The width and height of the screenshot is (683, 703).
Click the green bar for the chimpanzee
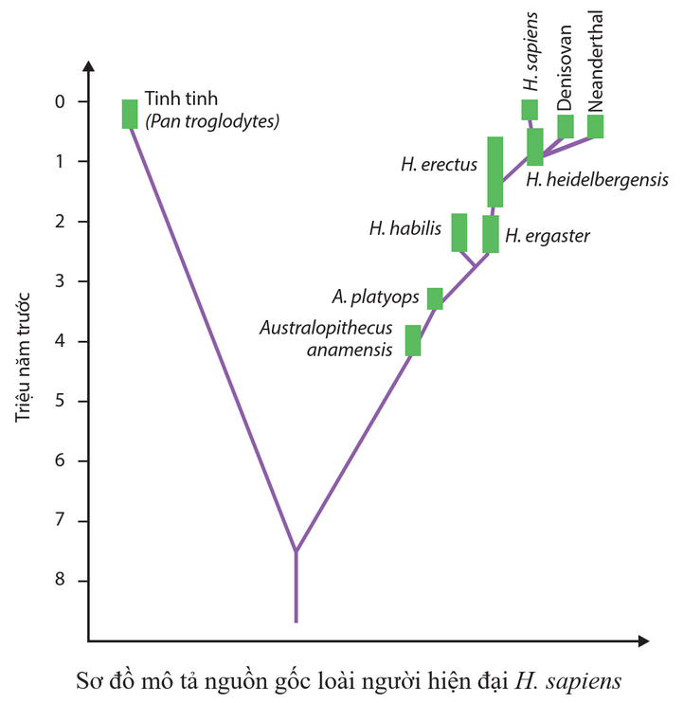pyautogui.click(x=130, y=114)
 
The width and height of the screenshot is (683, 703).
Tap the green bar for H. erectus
pyautogui.click(x=494, y=171)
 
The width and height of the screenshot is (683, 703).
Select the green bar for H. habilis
pyautogui.click(x=459, y=232)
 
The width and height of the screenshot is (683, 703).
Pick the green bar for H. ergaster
pyautogui.click(x=491, y=233)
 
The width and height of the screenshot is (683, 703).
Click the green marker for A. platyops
pyautogui.click(x=435, y=298)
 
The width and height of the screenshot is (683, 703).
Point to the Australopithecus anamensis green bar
pyautogui.click(x=413, y=340)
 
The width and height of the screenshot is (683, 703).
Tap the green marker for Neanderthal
pyautogui.click(x=596, y=126)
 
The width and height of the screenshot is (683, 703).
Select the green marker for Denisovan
pyautogui.click(x=566, y=126)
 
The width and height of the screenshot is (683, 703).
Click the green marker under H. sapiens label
pyautogui.click(x=530, y=109)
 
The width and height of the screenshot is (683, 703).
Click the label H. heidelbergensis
pyautogui.click(x=598, y=179)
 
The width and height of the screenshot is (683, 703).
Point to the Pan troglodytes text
pyautogui.click(x=212, y=121)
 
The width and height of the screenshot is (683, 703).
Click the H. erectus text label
pyautogui.click(x=439, y=165)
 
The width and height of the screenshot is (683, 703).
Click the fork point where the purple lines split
pyautogui.click(x=296, y=551)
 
